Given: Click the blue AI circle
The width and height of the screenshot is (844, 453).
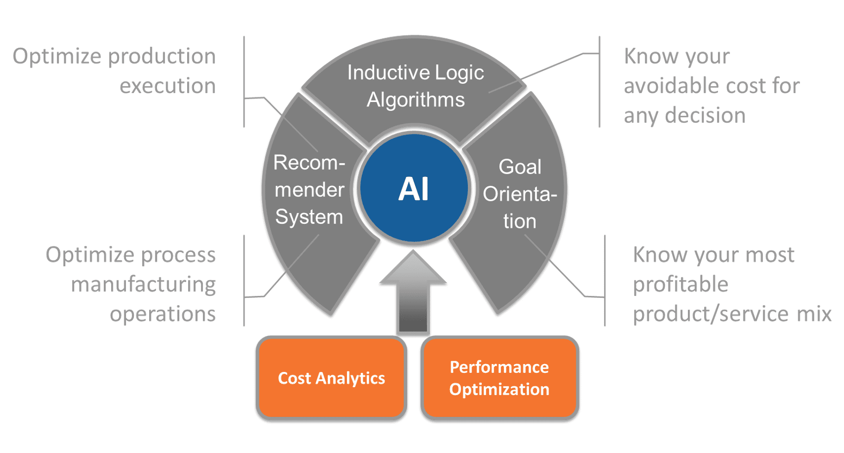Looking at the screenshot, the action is coord(414,188).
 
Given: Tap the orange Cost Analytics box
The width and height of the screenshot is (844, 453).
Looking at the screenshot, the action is coord(331,378).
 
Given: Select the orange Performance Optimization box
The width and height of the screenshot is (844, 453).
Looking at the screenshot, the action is coord(499,378).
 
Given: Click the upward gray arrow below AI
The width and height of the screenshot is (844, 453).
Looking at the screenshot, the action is coord(413,292).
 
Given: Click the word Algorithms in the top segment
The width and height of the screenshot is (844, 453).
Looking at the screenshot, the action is coord(416,100).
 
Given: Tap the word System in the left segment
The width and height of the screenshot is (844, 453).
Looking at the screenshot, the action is coord(309,217).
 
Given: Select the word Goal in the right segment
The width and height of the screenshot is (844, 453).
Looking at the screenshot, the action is coord(520,167).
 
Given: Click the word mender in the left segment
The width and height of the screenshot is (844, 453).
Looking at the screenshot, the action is coord(309,190).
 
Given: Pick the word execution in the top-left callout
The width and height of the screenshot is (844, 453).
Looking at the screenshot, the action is coord(168,86).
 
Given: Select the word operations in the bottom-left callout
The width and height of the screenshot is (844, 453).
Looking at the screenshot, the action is coord(163,315).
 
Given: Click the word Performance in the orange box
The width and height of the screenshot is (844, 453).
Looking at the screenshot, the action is coord(499,367).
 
